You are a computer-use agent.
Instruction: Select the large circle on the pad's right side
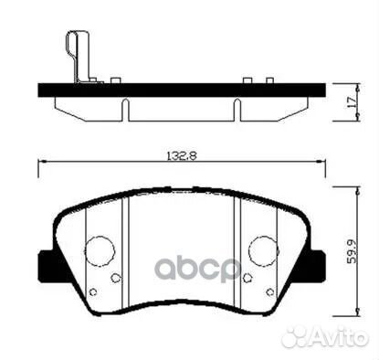(x=262, y=247)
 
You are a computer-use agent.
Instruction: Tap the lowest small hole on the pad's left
(x=93, y=292)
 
